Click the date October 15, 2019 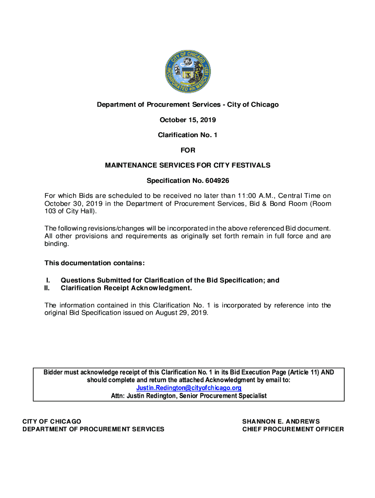[x=187, y=120]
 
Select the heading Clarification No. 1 [x=187, y=135]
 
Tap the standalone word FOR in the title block [x=187, y=150]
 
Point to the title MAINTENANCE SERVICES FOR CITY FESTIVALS [x=187, y=165]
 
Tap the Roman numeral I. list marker [x=48, y=280]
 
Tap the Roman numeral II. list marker [x=47, y=288]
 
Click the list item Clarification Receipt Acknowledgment [x=126, y=288]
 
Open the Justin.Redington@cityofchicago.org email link [x=188, y=388]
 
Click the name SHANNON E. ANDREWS [x=281, y=421]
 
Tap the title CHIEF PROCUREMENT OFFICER [x=293, y=429]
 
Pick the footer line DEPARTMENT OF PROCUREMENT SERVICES [x=94, y=429]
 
